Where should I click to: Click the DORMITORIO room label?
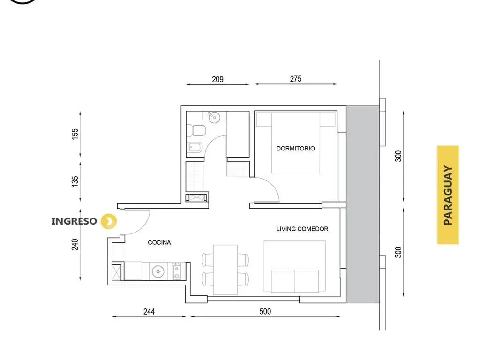[295, 149]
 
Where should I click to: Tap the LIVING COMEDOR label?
[302, 229]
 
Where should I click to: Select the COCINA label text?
[159, 242]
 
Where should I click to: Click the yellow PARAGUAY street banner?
[448, 195]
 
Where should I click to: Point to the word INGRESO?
[74, 221]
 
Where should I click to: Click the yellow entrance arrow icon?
[109, 221]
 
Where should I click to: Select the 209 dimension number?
[217, 79]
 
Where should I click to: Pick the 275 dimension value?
[296, 79]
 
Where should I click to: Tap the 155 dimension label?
[75, 134]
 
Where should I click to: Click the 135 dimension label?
[75, 181]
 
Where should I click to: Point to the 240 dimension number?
[75, 244]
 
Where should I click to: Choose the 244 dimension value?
[149, 312]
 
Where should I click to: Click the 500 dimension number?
[265, 311]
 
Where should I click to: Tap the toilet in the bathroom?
[196, 130]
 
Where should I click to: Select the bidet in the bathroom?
[194, 148]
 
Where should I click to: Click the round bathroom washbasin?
[214, 117]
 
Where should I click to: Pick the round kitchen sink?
[158, 271]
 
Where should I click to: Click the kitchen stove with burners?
[177, 271]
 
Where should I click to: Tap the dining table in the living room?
[225, 270]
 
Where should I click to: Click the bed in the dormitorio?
[296, 143]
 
